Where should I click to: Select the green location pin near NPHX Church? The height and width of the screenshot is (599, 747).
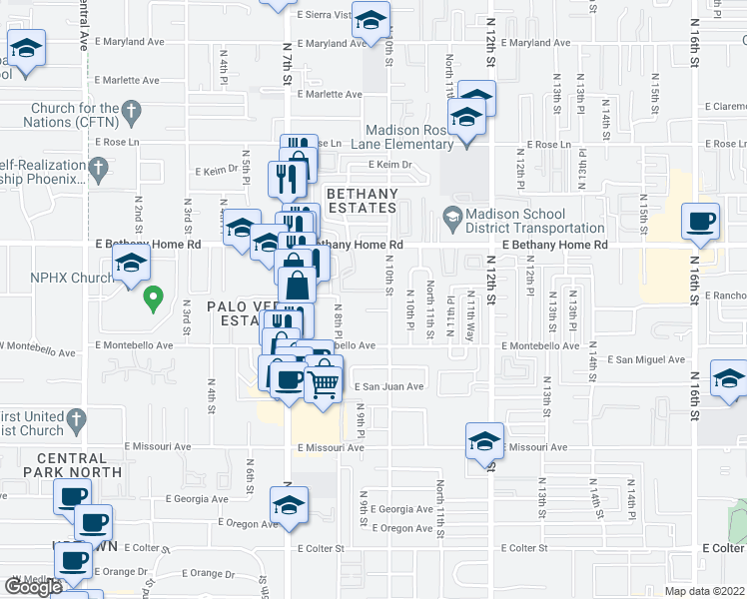coord(153,297)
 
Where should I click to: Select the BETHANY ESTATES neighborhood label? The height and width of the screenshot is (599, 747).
coord(360,201)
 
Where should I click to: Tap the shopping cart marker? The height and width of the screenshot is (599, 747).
coord(323,381)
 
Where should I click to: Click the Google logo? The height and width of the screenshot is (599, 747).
coord(33,586)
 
